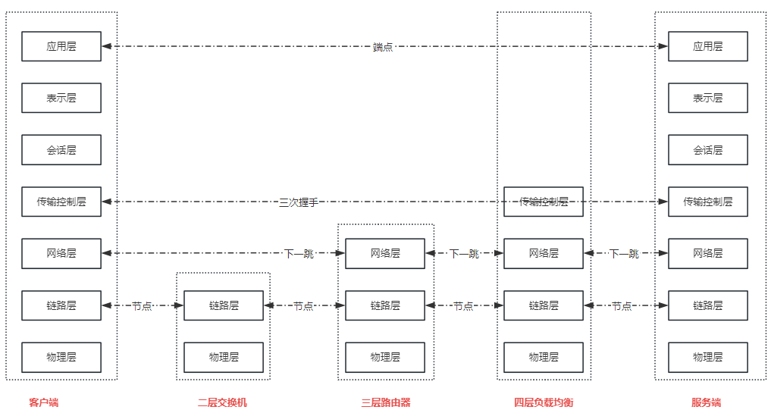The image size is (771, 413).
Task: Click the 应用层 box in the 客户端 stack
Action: [61, 46]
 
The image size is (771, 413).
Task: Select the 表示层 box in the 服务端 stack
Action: [707, 98]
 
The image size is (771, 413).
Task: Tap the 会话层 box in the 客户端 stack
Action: [61, 150]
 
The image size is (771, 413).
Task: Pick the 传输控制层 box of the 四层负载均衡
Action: [544, 202]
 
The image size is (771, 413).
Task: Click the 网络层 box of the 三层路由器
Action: [385, 254]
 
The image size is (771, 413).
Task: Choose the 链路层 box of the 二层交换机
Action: [224, 305]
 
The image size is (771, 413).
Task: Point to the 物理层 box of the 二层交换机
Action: [224, 358]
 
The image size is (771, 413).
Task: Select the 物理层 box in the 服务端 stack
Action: [707, 358]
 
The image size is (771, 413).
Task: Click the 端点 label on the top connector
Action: [383, 47]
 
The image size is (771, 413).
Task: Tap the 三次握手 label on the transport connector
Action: [299, 202]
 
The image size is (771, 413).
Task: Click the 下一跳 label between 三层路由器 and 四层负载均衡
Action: [464, 254]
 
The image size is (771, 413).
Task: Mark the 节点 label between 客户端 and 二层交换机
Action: [142, 306]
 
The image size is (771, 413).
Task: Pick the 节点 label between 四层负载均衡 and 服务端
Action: [622, 306]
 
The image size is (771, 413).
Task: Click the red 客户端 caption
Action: [44, 402]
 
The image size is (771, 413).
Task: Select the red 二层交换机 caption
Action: [222, 402]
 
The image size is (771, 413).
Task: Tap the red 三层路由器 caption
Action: [385, 402]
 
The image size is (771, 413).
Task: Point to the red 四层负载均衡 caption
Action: [544, 402]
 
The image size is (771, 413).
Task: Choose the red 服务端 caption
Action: [706, 402]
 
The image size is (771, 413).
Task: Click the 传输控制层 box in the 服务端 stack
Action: [707, 202]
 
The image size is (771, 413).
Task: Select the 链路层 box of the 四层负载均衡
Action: [544, 305]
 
